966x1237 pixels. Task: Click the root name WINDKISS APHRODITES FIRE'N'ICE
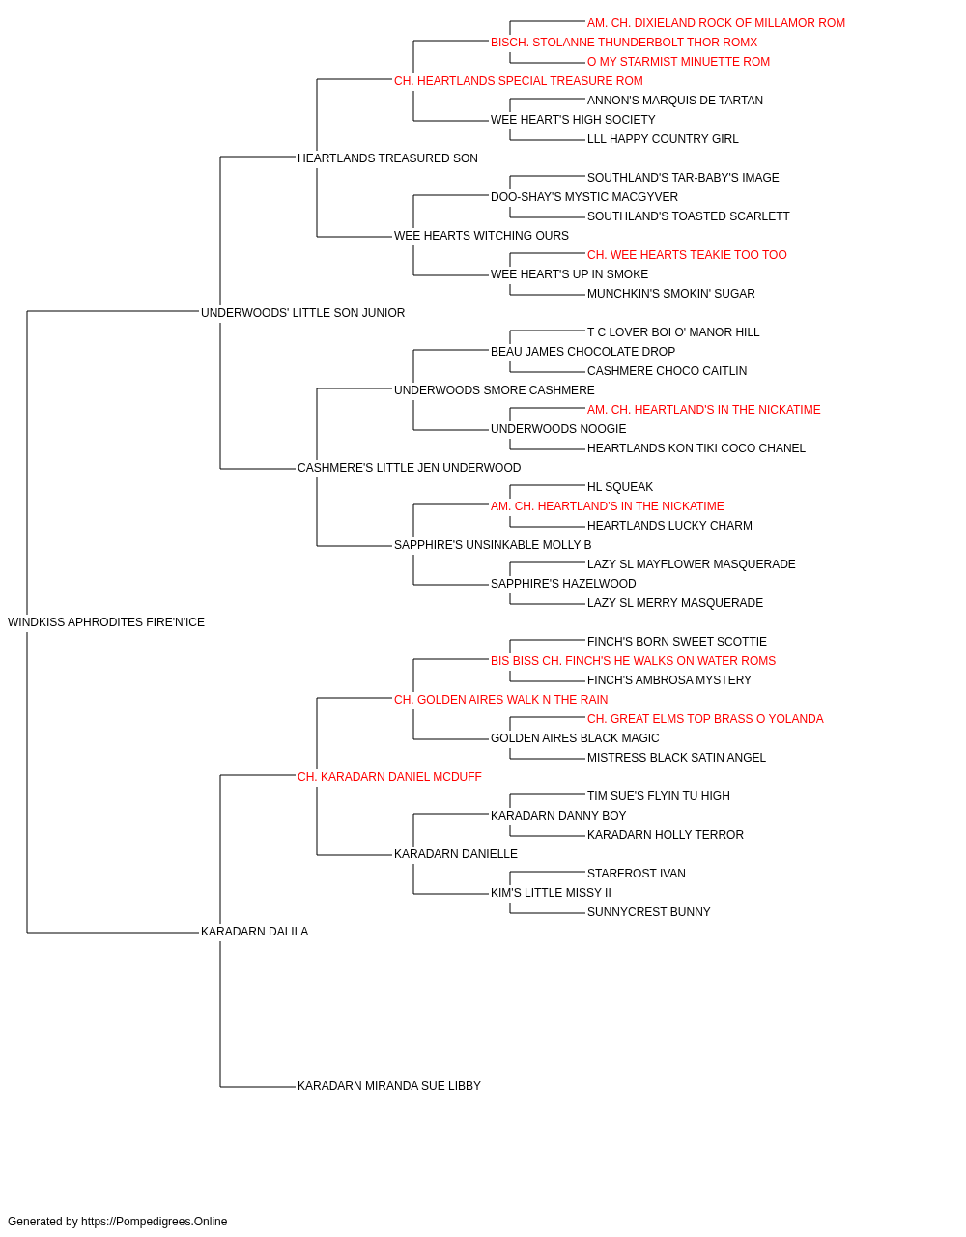(x=106, y=622)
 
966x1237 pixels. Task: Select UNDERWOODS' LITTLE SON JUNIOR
(x=302, y=313)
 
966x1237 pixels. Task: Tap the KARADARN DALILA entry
(x=254, y=932)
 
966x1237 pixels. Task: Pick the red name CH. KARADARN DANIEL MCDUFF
(x=389, y=777)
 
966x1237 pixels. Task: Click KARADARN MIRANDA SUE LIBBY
(x=389, y=1086)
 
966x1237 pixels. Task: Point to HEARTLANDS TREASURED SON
(x=387, y=158)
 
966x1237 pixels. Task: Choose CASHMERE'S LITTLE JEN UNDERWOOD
(x=409, y=468)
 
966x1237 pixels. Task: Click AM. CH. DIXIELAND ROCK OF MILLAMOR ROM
(x=716, y=23)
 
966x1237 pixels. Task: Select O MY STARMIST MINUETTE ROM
(x=678, y=62)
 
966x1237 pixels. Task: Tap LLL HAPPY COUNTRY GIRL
(x=663, y=139)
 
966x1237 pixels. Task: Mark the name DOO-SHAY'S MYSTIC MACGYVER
(x=584, y=197)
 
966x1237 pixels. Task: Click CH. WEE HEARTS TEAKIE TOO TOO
(x=687, y=255)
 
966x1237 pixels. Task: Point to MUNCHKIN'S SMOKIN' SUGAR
(x=670, y=294)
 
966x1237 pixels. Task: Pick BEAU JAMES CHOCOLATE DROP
(x=582, y=352)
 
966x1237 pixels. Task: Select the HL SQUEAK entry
(x=620, y=487)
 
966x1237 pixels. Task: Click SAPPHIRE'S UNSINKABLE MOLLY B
(x=493, y=545)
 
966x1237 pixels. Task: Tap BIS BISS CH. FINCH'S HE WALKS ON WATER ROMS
(x=633, y=661)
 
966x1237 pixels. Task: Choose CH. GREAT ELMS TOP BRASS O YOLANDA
(x=705, y=719)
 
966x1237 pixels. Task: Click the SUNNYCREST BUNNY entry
(x=648, y=912)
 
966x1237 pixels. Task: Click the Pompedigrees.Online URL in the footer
(x=155, y=1222)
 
